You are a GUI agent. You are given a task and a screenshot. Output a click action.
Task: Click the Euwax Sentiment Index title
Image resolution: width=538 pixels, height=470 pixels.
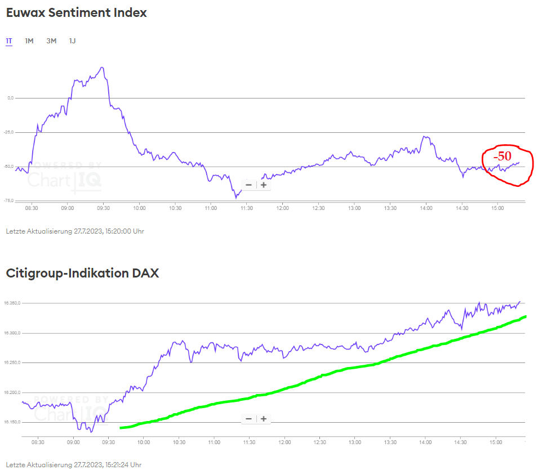[x=76, y=13]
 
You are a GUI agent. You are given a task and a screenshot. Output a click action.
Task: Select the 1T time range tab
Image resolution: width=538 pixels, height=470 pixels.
[x=9, y=41]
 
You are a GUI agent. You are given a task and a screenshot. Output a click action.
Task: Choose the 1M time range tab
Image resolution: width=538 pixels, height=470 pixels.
[x=29, y=41]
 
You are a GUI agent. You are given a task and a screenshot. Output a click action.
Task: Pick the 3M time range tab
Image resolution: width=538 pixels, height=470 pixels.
[x=51, y=41]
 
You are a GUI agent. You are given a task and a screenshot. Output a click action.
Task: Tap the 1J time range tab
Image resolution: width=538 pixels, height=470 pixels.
[x=72, y=41]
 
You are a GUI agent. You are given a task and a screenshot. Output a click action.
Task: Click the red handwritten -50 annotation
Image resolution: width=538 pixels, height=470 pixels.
[x=503, y=156]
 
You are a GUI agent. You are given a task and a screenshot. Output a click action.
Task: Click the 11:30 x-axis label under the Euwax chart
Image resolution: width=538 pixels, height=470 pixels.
[x=246, y=208]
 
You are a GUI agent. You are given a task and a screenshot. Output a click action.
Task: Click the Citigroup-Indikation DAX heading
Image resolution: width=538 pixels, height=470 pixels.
[x=82, y=274]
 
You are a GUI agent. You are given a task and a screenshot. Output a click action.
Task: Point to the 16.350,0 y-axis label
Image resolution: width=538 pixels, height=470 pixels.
[x=12, y=303]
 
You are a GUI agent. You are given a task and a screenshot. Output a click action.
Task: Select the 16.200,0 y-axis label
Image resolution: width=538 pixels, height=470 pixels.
[x=12, y=392]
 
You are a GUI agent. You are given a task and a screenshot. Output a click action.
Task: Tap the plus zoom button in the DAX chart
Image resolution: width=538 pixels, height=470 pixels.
[x=263, y=419]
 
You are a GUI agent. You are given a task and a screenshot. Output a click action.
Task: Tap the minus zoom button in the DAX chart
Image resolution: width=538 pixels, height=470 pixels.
[x=249, y=419]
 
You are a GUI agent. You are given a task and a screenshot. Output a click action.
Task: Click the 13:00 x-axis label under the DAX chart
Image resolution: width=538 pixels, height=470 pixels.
[x=354, y=442]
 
